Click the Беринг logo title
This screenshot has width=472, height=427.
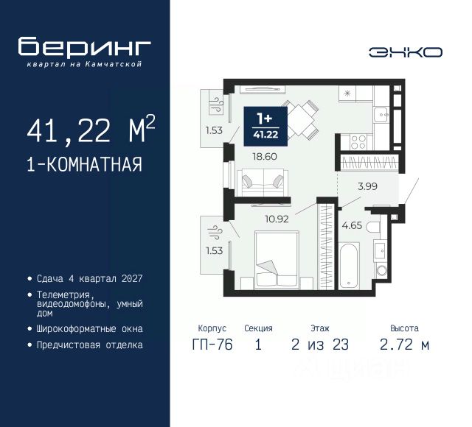pos(85,47)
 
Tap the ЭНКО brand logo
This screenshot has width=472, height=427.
pos(406,52)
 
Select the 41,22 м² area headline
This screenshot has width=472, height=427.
pos(91,131)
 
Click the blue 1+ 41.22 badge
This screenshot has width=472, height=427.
pos(263,126)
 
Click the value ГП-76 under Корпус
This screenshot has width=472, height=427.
pos(212,344)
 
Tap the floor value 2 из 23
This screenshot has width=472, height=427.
pos(320,344)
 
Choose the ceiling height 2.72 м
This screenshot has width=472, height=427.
pos(405,344)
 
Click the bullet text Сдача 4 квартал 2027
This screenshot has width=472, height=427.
pos(88,279)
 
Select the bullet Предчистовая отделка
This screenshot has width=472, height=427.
pos(89,345)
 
